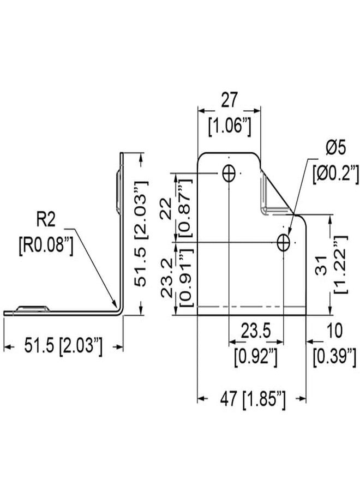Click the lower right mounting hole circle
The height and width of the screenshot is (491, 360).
coord(283,242)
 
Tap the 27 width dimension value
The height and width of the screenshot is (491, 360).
coord(230,100)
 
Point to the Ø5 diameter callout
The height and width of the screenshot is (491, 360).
coord(335,147)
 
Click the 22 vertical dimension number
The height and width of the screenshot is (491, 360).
coord(166,209)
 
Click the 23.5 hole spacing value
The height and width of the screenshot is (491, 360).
coord(256,331)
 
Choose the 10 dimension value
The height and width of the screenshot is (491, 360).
coord(334,331)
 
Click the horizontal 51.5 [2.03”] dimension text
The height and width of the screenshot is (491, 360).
coord(63,346)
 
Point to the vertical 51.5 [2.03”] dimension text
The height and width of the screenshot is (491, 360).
coord(141,233)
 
